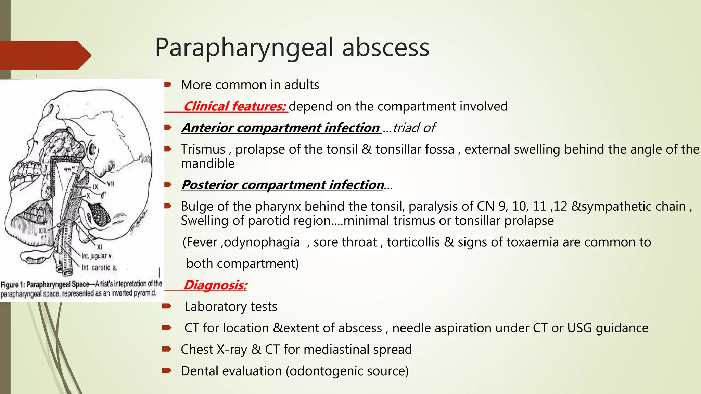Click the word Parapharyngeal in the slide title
[244, 48]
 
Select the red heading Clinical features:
[235, 106]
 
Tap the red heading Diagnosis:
[215, 285]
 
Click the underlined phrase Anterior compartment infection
[281, 128]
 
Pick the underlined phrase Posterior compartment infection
[283, 185]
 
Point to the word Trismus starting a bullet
[203, 149]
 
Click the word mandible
[208, 163]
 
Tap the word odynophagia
[262, 242]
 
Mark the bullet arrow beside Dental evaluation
[167, 370]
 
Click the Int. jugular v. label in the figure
[97, 256]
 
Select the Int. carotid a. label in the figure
[99, 267]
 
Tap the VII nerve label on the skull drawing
[111, 184]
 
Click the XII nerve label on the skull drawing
[42, 231]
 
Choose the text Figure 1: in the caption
[13, 285]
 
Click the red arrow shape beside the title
[44, 55]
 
